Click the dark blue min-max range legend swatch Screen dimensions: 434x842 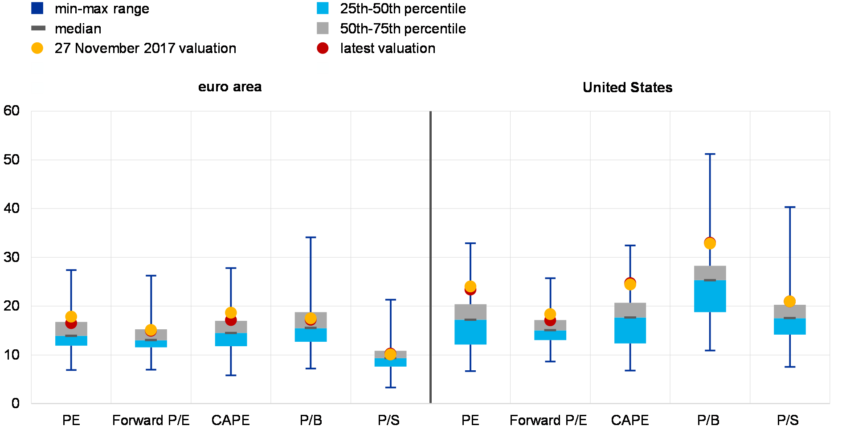click(37, 8)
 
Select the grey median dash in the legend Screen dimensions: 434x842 click(38, 28)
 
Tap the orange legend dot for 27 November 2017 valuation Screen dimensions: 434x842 click(37, 48)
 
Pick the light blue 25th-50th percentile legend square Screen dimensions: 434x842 click(323, 8)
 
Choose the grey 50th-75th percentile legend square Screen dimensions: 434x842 click(323, 28)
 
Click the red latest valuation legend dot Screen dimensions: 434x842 click(323, 48)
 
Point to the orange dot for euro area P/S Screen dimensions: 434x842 click(390, 355)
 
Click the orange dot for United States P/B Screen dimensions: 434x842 click(710, 244)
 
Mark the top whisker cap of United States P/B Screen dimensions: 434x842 click(710, 154)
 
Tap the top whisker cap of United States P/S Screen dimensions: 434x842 click(790, 207)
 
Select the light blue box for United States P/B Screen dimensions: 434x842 click(710, 296)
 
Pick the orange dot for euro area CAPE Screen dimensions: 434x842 click(231, 312)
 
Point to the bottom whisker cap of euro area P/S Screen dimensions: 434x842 click(390, 387)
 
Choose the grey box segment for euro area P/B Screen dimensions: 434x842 click(311, 319)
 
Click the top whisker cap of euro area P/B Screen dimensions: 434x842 click(311, 237)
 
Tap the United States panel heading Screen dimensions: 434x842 click(628, 87)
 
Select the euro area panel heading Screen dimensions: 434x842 click(230, 87)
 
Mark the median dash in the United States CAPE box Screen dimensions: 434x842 click(630, 317)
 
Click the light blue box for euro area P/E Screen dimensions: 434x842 click(71, 341)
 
